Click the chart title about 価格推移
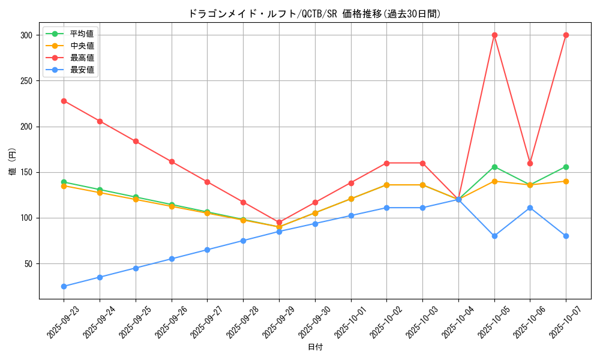coord(314,14)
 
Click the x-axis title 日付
coord(315,347)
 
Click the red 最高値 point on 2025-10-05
coord(494,35)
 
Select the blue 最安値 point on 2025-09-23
coord(64,286)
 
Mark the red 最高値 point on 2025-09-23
coord(64,101)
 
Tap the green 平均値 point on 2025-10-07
coord(566,167)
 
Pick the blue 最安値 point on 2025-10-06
coord(530,208)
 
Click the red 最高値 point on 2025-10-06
coord(530,163)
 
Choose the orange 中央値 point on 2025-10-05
coord(494,181)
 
